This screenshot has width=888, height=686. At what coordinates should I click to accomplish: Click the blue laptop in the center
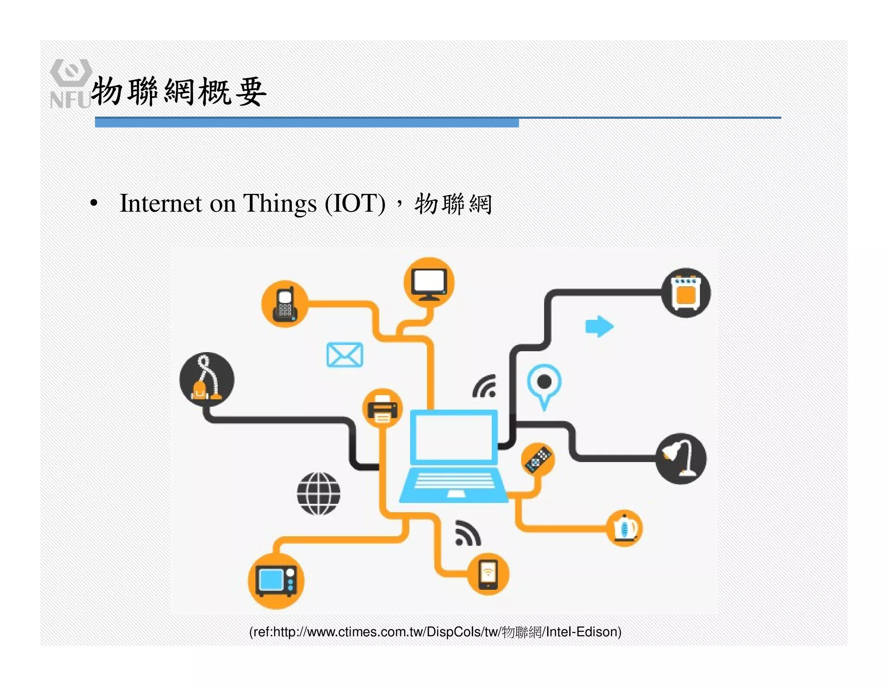tap(453, 455)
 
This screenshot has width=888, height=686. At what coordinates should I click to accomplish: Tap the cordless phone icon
tap(284, 304)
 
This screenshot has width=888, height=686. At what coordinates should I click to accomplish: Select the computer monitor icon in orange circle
tap(429, 283)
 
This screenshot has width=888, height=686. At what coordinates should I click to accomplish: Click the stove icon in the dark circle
tap(686, 293)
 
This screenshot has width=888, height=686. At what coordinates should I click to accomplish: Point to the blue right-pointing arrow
tap(599, 326)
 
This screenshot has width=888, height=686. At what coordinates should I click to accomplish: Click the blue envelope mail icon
tap(345, 355)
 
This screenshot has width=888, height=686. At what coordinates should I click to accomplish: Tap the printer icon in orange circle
tap(382, 408)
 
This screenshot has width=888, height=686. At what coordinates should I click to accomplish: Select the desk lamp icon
tap(680, 458)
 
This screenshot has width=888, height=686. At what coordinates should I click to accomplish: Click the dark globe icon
tap(319, 493)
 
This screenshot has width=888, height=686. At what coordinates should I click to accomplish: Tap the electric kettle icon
tap(624, 528)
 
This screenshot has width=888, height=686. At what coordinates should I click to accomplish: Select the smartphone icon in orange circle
tap(488, 574)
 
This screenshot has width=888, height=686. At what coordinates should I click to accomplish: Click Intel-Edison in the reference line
tap(583, 632)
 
